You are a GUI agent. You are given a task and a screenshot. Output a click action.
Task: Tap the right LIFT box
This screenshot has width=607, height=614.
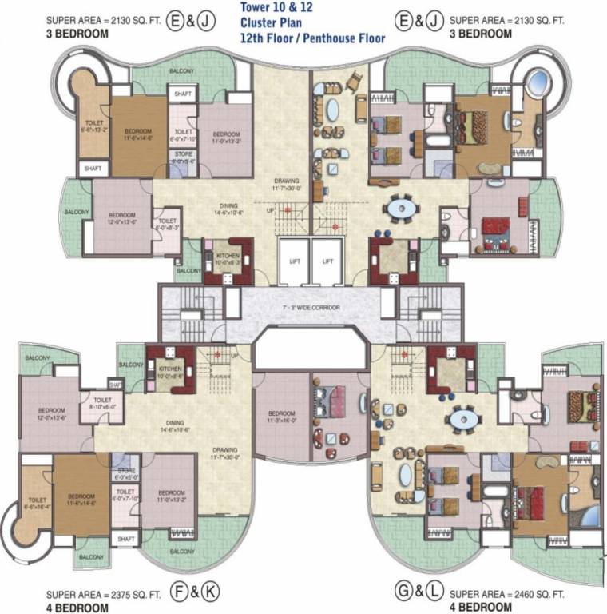click(327, 261)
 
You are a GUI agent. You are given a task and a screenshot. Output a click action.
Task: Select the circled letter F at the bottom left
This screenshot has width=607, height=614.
click(180, 594)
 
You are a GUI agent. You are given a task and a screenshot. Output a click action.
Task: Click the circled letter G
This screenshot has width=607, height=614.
click(404, 594)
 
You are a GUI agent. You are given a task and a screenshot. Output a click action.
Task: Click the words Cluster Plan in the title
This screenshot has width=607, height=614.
click(270, 23)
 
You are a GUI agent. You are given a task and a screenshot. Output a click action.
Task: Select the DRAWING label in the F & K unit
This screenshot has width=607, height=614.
click(225, 452)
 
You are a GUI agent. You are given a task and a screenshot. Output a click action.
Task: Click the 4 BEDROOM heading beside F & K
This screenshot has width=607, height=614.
click(77, 608)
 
